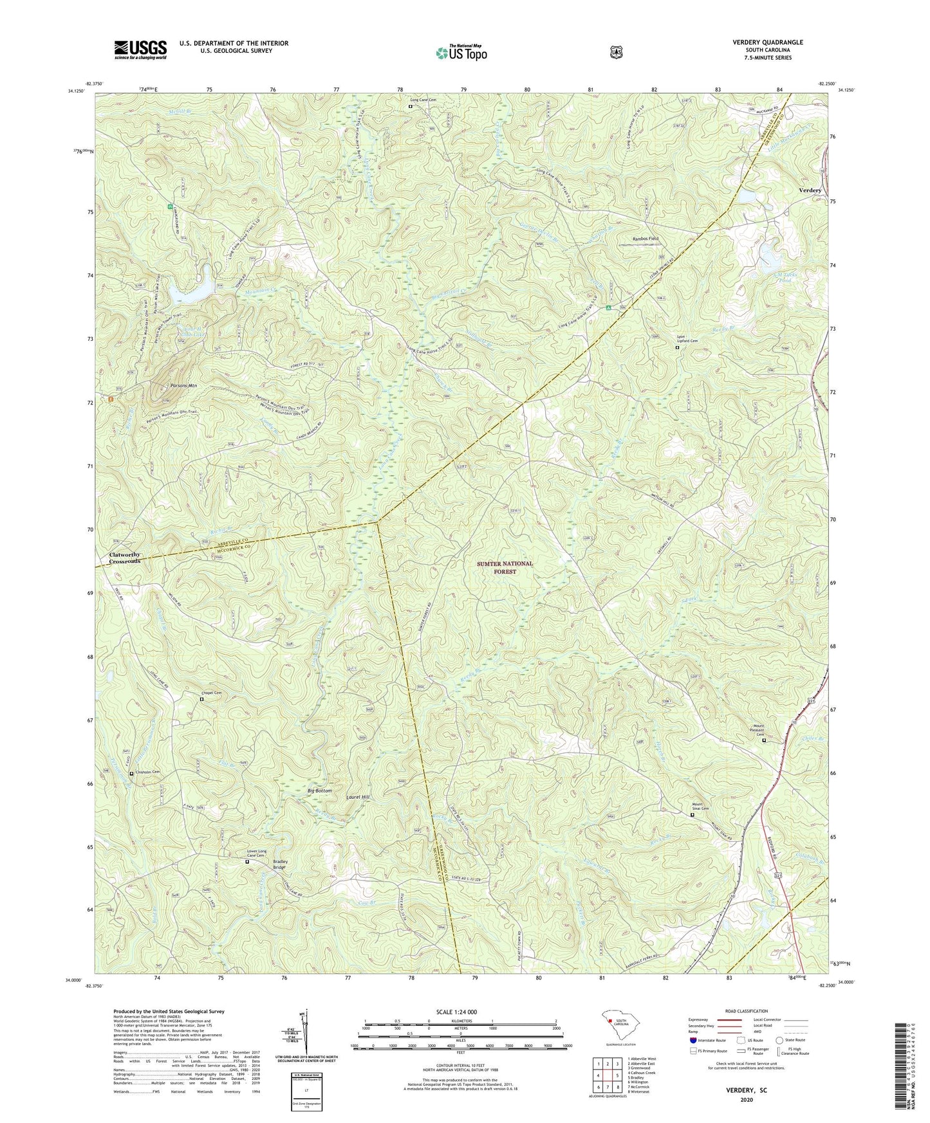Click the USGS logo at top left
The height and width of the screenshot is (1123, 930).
140,50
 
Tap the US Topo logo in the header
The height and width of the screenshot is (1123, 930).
460,52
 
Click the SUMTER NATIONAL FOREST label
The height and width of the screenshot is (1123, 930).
505,567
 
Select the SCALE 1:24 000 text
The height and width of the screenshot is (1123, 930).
460,1012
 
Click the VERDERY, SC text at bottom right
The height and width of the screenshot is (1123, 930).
747,1091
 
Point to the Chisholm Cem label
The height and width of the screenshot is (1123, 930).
146,772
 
